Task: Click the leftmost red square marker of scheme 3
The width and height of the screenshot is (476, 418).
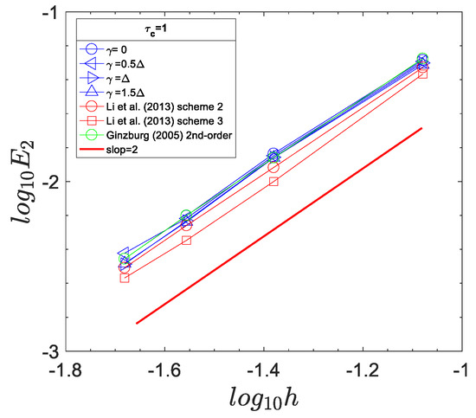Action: (125, 278)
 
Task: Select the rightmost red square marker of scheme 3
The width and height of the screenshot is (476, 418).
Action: (422, 74)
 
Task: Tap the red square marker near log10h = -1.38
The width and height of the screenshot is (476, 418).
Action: (273, 181)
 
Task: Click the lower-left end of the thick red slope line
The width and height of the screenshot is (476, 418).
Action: (137, 323)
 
